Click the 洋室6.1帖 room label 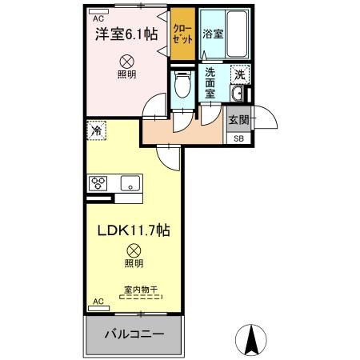click(x=126, y=34)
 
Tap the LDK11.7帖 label click(x=134, y=230)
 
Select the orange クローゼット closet click(x=182, y=34)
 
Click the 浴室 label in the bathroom click(x=213, y=34)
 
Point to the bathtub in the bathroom click(x=237, y=34)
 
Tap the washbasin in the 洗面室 click(x=237, y=94)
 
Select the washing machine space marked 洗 click(x=240, y=74)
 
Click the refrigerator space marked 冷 click(x=96, y=130)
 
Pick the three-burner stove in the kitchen click(x=98, y=183)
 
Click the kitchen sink click(x=130, y=183)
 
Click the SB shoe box click(x=238, y=138)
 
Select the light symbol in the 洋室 click(x=125, y=62)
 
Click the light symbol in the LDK click(x=134, y=250)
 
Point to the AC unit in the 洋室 click(x=98, y=11)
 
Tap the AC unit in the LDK click(x=98, y=309)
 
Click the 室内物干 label click(x=141, y=290)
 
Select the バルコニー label click(x=134, y=334)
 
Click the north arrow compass click(x=251, y=340)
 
